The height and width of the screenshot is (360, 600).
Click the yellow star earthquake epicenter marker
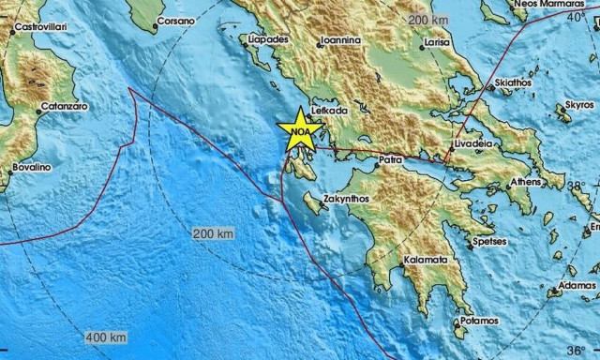pyautogui.click(x=300, y=128)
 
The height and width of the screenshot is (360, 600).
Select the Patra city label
pyautogui.click(x=391, y=161)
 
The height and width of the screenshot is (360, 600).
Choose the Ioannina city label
pyautogui.click(x=340, y=40)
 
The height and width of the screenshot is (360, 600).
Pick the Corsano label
pyautogui.click(x=175, y=19)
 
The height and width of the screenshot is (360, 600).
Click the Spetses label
pyautogui.click(x=517, y=241)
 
